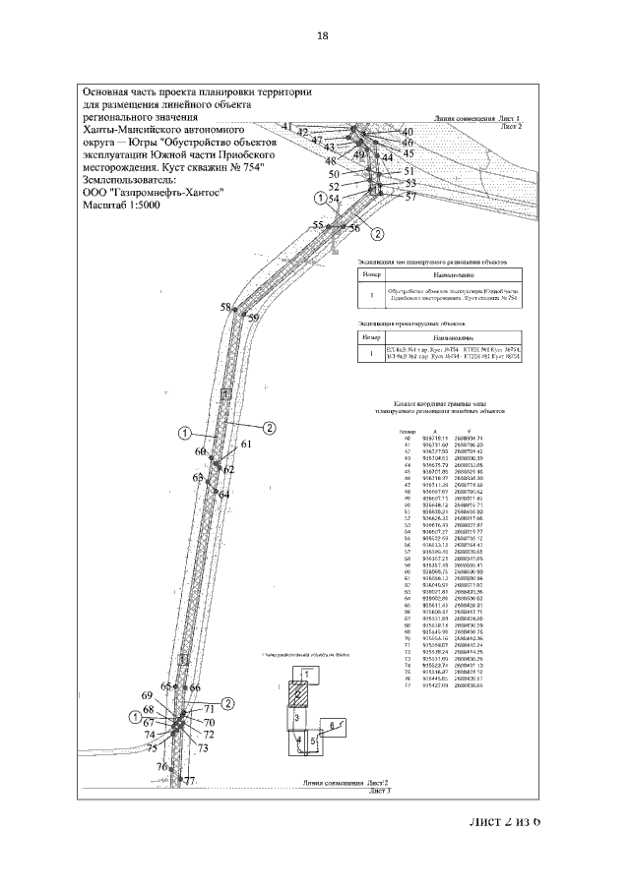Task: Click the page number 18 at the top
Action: tap(322, 36)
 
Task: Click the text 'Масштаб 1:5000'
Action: tap(126, 208)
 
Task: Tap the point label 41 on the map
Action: tap(287, 127)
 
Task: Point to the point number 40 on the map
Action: tap(409, 132)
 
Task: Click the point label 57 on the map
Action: tap(410, 196)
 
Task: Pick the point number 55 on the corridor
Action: tap(318, 226)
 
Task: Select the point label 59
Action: tap(253, 319)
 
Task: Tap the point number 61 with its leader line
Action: tap(246, 445)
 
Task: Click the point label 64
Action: tap(223, 495)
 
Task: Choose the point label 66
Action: tap(195, 688)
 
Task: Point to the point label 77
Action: tap(190, 781)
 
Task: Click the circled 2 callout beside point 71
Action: tap(227, 702)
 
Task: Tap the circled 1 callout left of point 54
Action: tap(319, 198)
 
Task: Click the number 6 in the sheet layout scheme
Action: tap(333, 724)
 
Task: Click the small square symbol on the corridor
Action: tap(226, 393)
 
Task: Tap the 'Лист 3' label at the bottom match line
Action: tap(380, 790)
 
